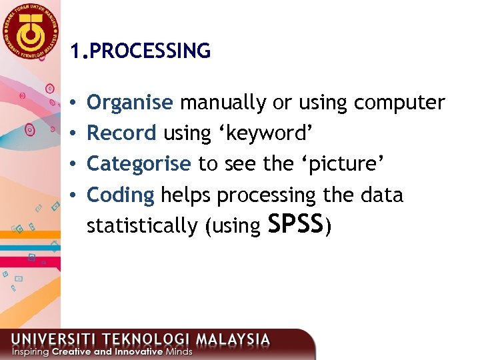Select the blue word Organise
point(130,103)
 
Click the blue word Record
point(121,133)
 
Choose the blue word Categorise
point(139,164)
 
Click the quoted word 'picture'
point(341,164)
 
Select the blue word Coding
point(121,195)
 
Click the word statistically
point(142,226)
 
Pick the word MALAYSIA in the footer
point(231,339)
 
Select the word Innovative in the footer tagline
point(134,351)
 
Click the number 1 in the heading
point(75,51)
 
